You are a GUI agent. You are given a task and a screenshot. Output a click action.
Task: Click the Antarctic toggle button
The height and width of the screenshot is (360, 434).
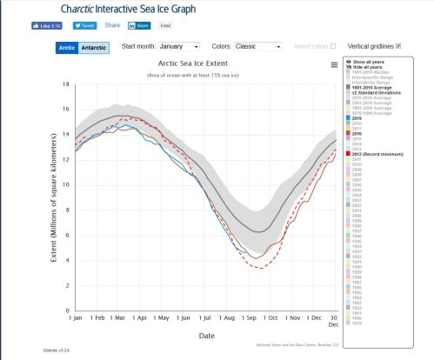click(x=93, y=47)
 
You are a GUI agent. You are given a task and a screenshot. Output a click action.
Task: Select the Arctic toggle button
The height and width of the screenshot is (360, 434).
click(x=67, y=47)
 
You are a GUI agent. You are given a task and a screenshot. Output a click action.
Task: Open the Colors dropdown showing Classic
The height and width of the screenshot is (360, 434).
click(x=258, y=45)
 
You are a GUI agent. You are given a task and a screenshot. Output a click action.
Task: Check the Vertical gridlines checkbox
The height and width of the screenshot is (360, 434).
click(x=398, y=45)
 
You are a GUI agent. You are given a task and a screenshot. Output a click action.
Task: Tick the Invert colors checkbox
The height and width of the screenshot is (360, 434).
click(x=332, y=45)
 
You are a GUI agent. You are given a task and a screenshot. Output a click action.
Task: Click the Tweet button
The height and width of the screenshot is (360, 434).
click(x=84, y=26)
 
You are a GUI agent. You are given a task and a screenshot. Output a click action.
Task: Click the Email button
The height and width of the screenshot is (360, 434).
click(x=166, y=26)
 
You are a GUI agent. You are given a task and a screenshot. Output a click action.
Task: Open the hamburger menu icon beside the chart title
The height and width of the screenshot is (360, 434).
click(x=334, y=64)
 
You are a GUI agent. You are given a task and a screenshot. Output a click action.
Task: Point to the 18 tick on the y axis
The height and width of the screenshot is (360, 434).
click(x=66, y=84)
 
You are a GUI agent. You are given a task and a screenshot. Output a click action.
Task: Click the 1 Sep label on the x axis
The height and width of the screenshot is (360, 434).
click(x=248, y=319)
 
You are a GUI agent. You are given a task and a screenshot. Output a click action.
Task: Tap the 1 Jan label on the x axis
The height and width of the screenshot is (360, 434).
click(x=76, y=319)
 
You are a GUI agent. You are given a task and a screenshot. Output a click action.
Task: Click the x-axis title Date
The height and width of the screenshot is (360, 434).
click(x=207, y=335)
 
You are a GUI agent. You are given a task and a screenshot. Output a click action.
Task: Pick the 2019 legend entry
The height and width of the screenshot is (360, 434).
click(x=357, y=117)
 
